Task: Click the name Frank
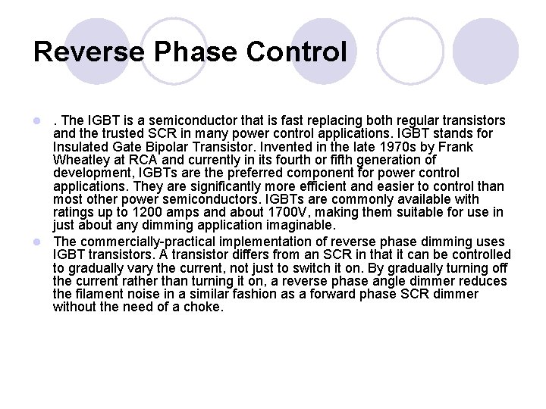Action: click(x=456, y=146)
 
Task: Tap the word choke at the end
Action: click(x=205, y=308)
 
